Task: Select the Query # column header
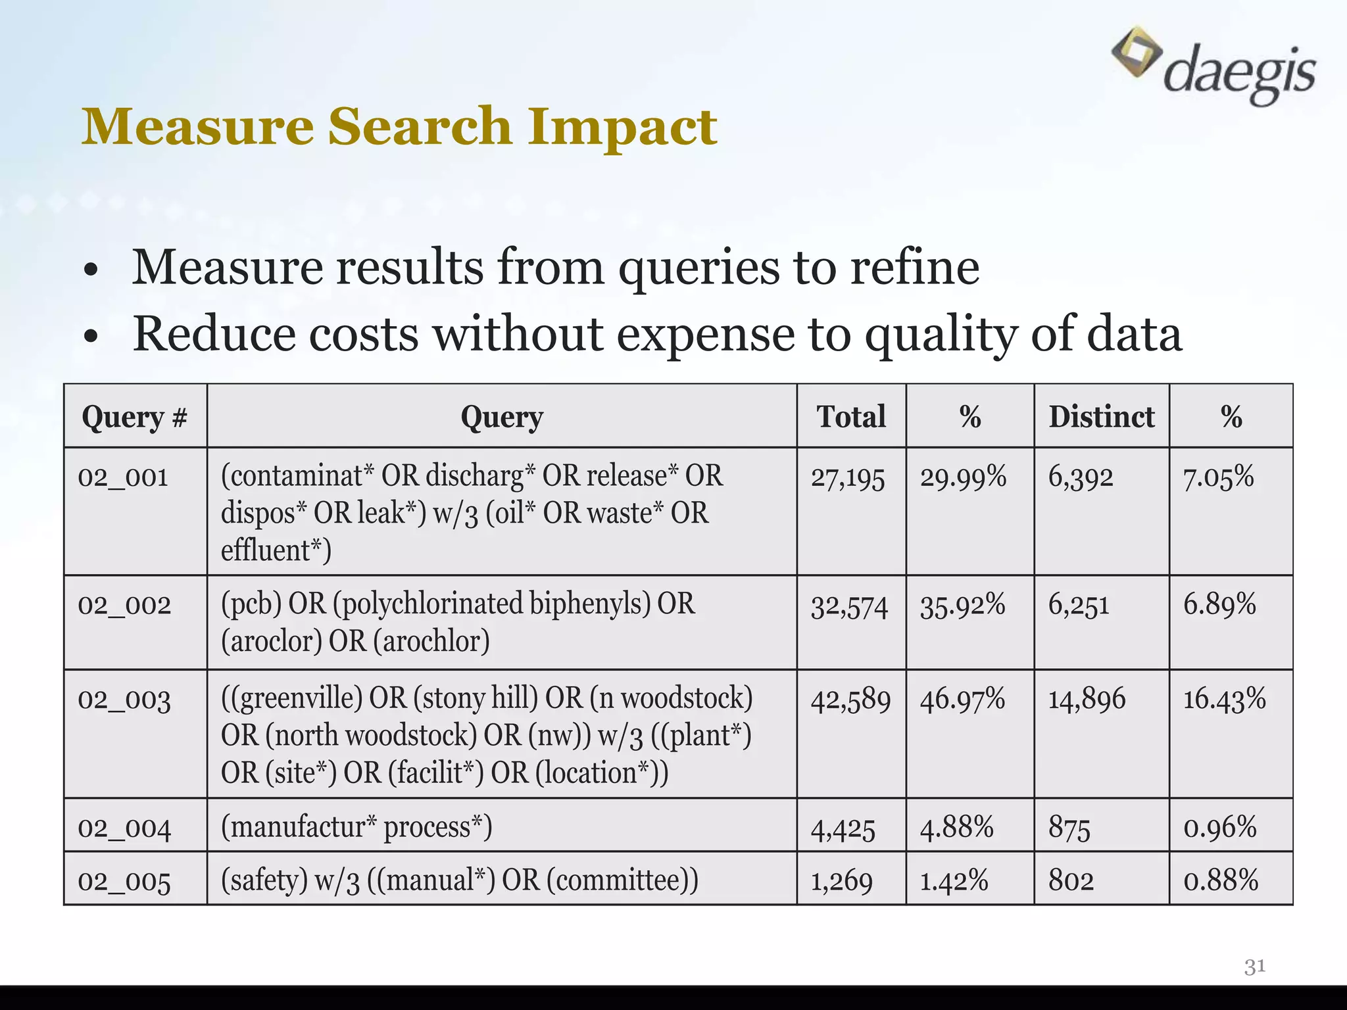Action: pyautogui.click(x=135, y=417)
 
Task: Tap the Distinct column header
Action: pyautogui.click(x=1101, y=417)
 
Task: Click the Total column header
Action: pyautogui.click(x=851, y=417)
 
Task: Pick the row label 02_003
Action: pyautogui.click(x=124, y=700)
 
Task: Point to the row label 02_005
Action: pyautogui.click(x=124, y=881)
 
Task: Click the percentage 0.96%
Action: pyautogui.click(x=1220, y=827)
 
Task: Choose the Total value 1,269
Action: pyautogui.click(x=841, y=881)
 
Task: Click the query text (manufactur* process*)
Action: pyautogui.click(x=356, y=827)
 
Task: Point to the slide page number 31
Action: pyautogui.click(x=1255, y=967)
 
